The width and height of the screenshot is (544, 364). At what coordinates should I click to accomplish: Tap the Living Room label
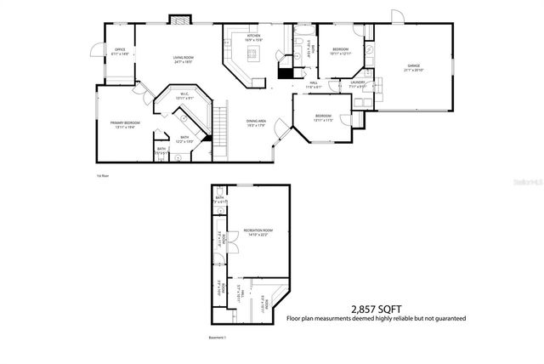click(183, 60)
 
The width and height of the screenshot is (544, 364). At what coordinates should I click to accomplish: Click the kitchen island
click(252, 54)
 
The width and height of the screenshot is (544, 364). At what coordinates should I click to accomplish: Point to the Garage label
click(413, 67)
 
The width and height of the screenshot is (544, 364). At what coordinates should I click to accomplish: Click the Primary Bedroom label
click(125, 124)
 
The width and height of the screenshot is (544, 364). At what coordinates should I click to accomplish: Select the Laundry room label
click(358, 84)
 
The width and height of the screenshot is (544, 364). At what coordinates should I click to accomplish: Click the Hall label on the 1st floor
click(314, 84)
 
